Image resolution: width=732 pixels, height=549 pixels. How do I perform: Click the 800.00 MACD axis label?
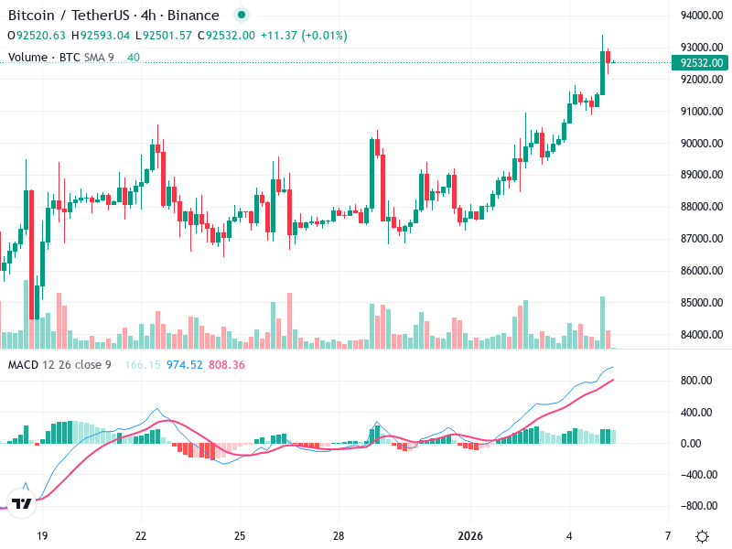[697, 381]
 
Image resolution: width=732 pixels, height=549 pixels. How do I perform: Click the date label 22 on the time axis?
[141, 535]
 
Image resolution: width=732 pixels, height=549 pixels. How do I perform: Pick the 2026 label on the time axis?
[470, 535]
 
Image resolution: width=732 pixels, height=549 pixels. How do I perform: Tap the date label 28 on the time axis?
[338, 535]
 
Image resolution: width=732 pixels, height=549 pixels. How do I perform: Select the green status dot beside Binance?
[241, 16]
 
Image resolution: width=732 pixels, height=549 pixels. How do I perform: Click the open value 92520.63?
[40, 36]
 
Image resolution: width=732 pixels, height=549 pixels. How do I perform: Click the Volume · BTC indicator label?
[42, 58]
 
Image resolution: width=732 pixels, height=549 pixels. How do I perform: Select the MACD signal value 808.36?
[227, 365]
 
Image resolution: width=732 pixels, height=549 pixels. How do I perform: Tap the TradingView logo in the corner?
[22, 503]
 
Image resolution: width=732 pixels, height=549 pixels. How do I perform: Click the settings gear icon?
[702, 536]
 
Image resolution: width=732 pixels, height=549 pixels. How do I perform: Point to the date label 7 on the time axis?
[667, 535]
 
